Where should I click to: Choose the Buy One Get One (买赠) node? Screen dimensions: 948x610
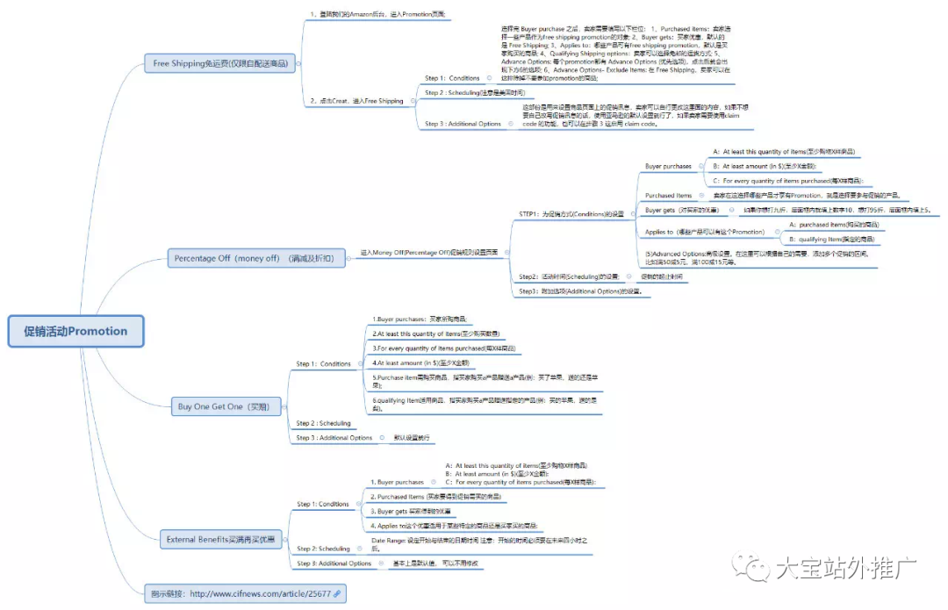click(x=223, y=406)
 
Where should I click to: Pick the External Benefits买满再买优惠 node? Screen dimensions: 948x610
click(x=220, y=540)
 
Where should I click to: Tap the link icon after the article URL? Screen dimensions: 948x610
click(x=337, y=594)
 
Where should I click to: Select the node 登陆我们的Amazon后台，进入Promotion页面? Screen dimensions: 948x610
click(x=378, y=15)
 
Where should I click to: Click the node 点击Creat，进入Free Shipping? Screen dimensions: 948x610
click(x=356, y=101)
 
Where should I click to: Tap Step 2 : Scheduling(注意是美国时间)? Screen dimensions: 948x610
click(x=474, y=92)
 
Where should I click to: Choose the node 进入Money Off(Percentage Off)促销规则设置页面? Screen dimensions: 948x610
click(x=429, y=252)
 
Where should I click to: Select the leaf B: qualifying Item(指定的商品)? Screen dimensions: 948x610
click(x=830, y=239)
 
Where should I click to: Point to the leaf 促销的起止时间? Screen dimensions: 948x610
click(x=659, y=276)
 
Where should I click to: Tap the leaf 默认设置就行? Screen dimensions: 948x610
click(x=412, y=437)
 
